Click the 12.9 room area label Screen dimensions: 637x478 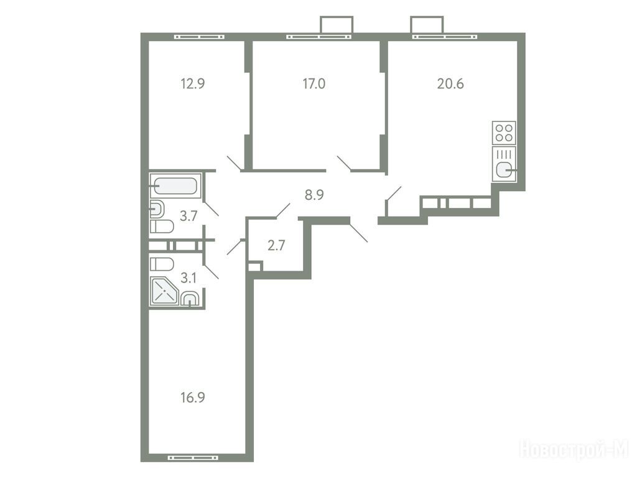[193, 84]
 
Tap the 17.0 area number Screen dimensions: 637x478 [314, 84]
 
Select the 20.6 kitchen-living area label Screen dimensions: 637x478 [450, 84]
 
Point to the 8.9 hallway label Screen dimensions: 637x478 [314, 195]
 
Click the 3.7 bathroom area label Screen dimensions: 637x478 [188, 216]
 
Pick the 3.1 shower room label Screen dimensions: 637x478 [188, 278]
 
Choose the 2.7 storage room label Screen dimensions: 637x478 [276, 245]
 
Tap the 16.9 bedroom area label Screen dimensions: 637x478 [193, 398]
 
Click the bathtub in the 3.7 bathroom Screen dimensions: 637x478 [175, 186]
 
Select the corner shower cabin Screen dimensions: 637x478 [164, 291]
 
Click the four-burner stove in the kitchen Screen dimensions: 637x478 [504, 133]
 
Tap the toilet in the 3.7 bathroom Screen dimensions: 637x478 [162, 227]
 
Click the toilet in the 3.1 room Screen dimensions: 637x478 [162, 264]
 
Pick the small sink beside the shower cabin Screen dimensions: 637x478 [190, 299]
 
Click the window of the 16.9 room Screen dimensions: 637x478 [193, 457]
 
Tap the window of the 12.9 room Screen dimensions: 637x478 [200, 37]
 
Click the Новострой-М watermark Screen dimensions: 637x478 [574, 449]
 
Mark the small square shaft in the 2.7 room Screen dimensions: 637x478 [254, 266]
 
